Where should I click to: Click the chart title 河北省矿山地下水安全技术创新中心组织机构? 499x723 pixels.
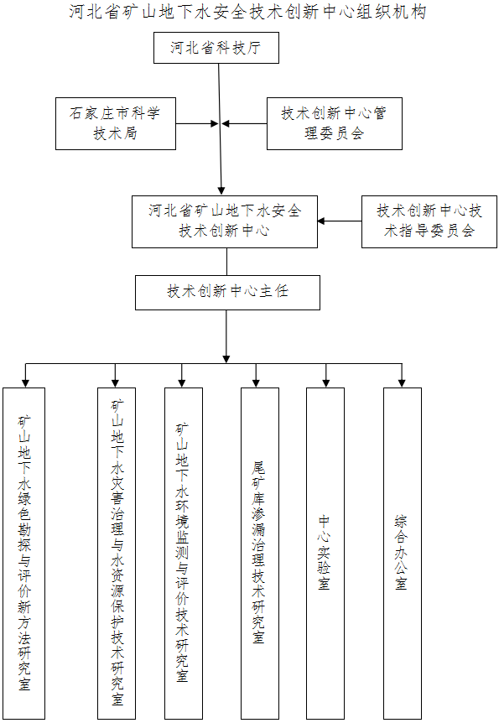point(248,12)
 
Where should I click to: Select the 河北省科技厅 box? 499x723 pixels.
point(216,48)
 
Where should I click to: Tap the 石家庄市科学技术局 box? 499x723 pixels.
point(116,123)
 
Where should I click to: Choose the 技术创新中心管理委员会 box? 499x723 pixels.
point(335,123)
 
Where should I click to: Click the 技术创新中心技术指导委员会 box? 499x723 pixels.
point(429,221)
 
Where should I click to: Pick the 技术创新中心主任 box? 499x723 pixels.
point(227,293)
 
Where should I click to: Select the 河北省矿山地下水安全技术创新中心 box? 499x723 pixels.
point(225,221)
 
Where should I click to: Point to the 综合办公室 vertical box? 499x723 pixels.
point(403,553)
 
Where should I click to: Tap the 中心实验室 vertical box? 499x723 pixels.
point(325,553)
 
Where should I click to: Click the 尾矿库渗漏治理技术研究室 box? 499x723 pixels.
point(260,553)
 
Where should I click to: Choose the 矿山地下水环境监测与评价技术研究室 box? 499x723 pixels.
point(184,553)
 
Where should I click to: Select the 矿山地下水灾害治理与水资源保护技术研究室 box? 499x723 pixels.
point(117,553)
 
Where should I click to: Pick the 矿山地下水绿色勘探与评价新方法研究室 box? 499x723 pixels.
point(24,553)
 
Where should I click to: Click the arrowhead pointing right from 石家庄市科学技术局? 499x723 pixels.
point(215,123)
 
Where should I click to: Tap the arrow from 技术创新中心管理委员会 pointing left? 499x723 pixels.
point(244,123)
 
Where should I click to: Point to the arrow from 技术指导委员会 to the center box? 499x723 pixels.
point(340,221)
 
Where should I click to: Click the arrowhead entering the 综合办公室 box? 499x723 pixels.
point(402,382)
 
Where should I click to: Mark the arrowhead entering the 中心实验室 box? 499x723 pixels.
point(326,382)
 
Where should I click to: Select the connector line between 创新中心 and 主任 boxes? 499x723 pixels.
point(226,262)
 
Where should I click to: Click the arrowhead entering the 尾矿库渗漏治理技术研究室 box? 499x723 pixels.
point(256,382)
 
